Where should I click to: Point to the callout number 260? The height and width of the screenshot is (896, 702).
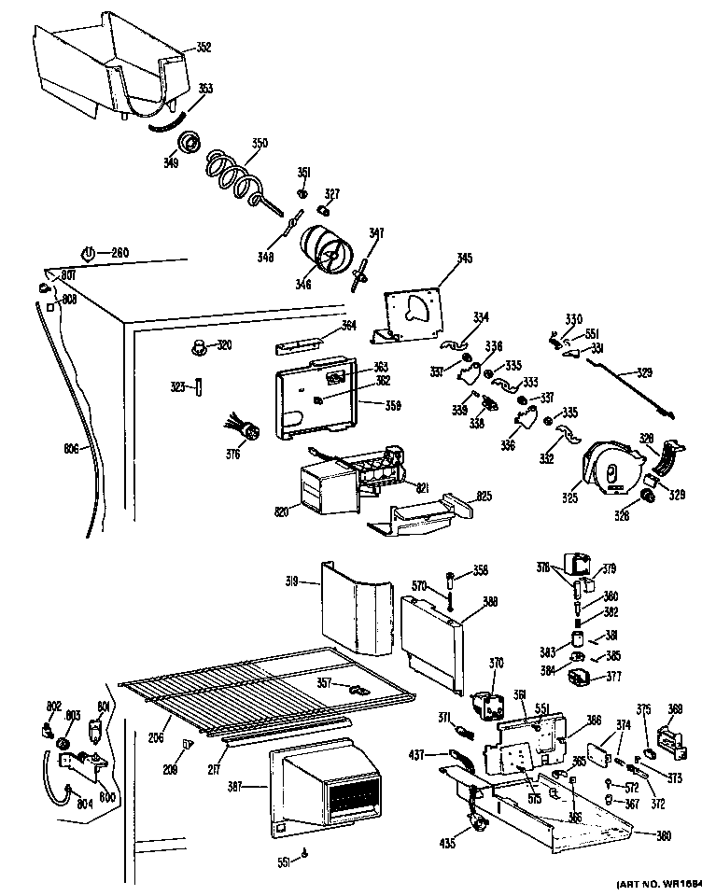coord(119,252)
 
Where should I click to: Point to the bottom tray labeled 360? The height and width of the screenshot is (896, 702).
coord(569,821)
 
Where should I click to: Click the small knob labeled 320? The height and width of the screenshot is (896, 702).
coord(200,347)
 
